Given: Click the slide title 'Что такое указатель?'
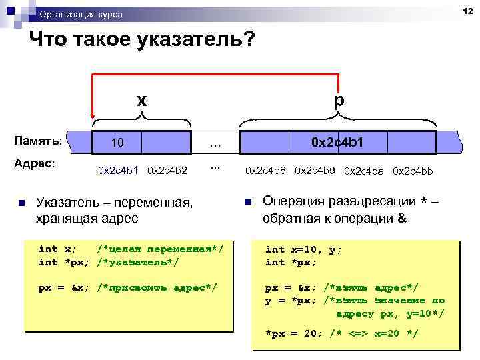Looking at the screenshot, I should click(142, 41).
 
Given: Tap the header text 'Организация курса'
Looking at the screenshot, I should click(81, 14).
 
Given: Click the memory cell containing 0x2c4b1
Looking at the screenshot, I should click(338, 143).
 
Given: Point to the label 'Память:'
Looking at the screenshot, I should click(39, 141).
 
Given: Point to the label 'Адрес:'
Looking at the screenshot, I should click(35, 163).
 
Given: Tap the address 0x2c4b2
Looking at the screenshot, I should click(167, 171).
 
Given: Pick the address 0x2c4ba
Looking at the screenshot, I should click(364, 171).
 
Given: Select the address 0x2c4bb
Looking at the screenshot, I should click(413, 171).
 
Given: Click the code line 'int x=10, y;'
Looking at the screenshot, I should click(303, 249).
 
